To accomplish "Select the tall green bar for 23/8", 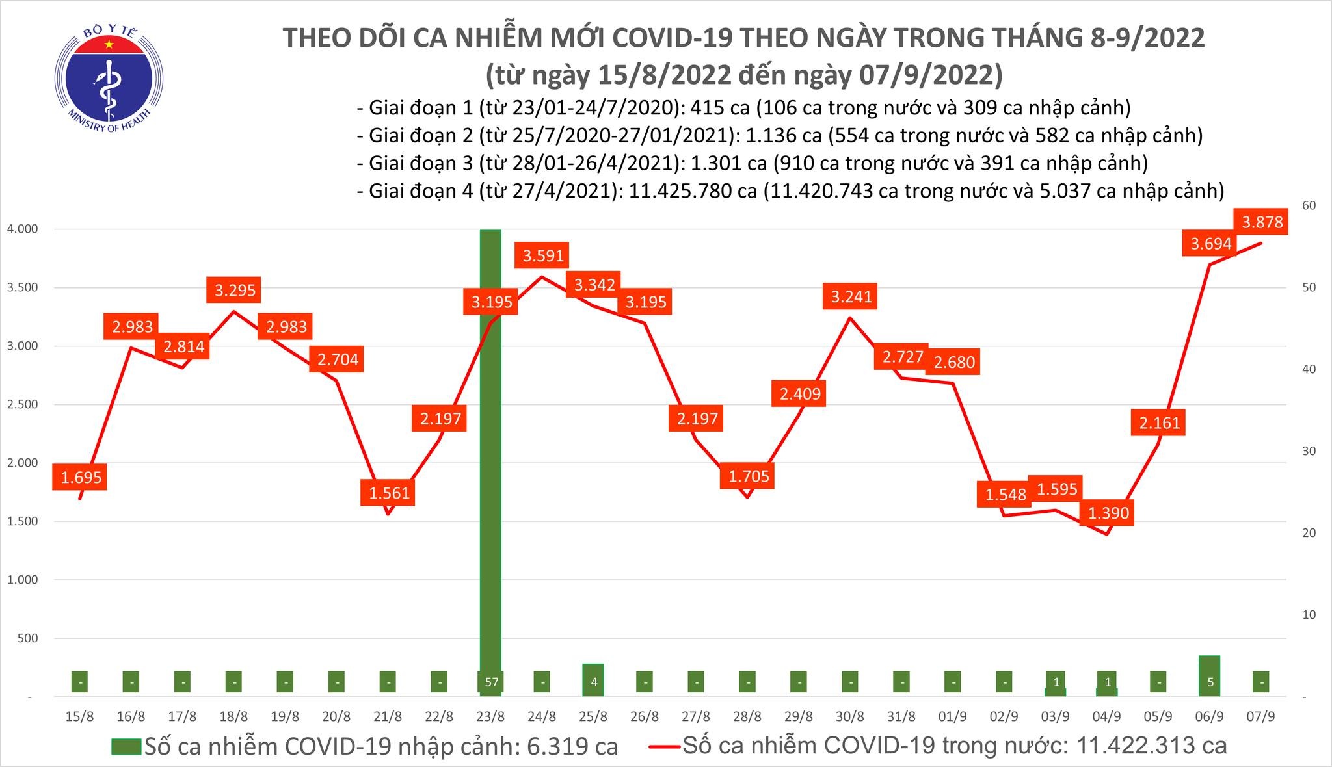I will click(490, 455).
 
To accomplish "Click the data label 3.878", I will click(1262, 222).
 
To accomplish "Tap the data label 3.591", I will click(543, 255).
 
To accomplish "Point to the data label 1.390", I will click(1108, 513).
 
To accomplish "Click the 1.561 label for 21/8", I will click(389, 493).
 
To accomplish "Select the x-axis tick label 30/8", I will click(850, 717).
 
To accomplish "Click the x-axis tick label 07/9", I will click(1262, 717).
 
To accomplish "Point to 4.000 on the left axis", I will click(22, 229).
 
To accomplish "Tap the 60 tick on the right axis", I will click(1303, 205).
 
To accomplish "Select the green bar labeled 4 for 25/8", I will click(593, 680).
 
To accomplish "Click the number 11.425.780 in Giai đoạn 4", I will click(685, 191).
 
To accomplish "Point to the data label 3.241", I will click(851, 296).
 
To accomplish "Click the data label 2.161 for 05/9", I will click(1159, 423).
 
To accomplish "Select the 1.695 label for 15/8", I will click(81, 478).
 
